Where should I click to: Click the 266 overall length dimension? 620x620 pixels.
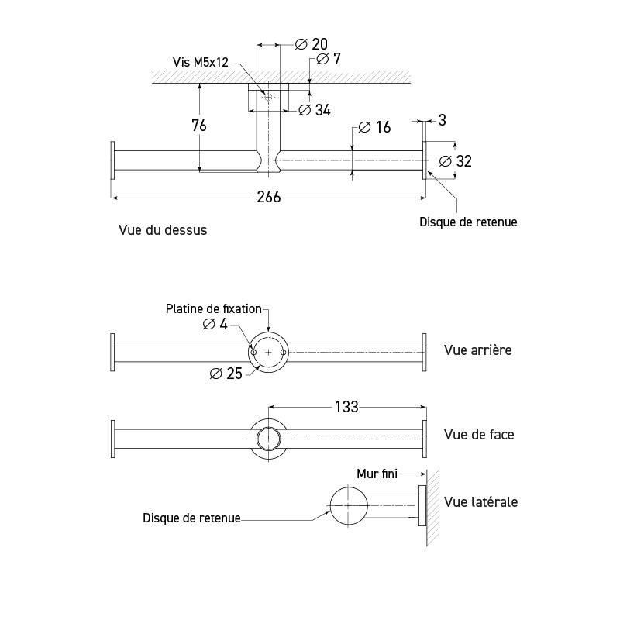(x=268, y=198)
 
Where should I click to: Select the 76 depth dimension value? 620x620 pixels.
(x=199, y=126)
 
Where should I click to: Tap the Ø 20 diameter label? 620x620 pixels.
(x=312, y=44)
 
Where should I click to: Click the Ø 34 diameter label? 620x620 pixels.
(x=314, y=110)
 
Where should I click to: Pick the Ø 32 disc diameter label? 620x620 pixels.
(x=455, y=161)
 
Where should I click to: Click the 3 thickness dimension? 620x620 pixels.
(x=442, y=120)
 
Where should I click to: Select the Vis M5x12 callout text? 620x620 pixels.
(x=201, y=62)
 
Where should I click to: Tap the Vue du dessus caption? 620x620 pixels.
(x=163, y=230)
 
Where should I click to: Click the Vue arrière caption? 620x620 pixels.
(x=478, y=350)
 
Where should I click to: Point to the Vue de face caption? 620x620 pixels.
(x=479, y=435)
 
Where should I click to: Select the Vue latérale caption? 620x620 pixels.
(x=481, y=502)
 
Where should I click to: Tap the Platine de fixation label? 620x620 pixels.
(x=214, y=308)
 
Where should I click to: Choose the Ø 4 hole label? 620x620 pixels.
(x=215, y=325)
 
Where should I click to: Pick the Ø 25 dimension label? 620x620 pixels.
(x=226, y=374)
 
